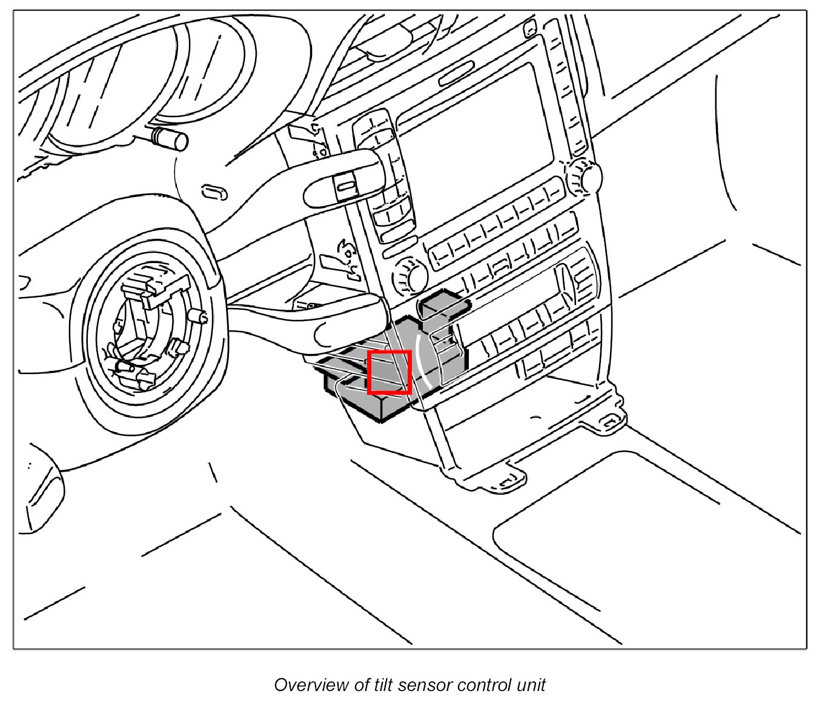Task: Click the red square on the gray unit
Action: [389, 372]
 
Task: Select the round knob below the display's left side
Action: [411, 276]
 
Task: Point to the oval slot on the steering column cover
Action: [214, 193]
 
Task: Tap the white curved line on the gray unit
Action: [422, 364]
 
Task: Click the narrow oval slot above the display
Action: [456, 72]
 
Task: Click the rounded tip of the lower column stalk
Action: [326, 333]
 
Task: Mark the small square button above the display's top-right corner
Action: [529, 26]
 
